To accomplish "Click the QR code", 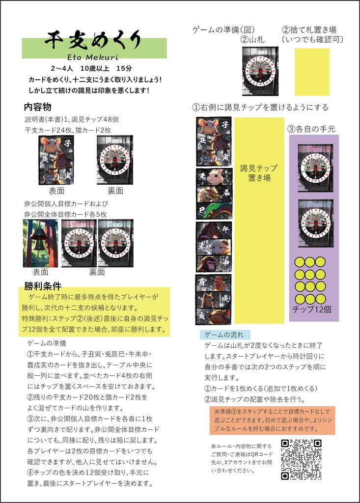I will pos(301,459).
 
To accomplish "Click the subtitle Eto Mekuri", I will pos(93,57).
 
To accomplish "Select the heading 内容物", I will pos(38,107).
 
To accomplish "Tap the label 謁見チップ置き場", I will pos(259,173).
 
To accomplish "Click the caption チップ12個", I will pos(312,309).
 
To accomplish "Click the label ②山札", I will pos(253,39).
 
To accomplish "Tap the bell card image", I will pos(40,243).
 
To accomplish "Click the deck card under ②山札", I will pos(260,71).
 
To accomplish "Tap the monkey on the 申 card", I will pos(207,264).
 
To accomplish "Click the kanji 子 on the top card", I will pos(225,125).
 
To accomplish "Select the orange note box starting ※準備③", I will pos(272,420).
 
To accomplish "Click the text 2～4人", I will pos(62,68).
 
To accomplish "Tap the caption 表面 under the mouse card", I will pos(56,191).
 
